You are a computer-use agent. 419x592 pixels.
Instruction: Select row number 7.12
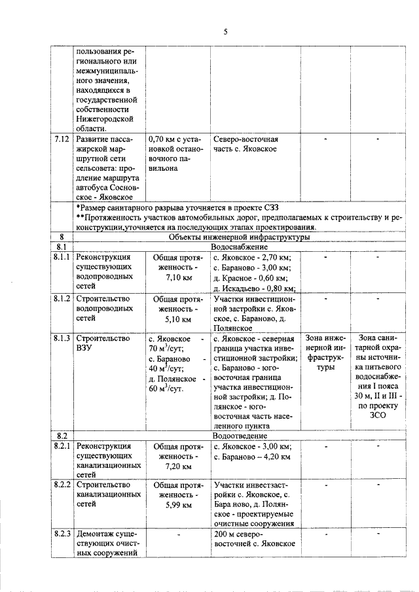[63, 139]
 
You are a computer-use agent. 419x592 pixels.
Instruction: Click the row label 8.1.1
[63, 258]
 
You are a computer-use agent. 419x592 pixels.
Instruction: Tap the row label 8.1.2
[63, 298]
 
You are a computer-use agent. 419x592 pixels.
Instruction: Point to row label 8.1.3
[63, 339]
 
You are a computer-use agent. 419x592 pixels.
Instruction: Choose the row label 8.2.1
[63, 446]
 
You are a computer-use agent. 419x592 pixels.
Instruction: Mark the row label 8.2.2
[63, 485]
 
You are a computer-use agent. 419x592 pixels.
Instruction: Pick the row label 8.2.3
[63, 533]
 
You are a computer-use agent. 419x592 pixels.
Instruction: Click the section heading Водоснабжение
[239, 247]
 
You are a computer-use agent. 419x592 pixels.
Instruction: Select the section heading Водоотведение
[239, 435]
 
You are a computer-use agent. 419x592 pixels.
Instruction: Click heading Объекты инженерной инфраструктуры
[239, 237]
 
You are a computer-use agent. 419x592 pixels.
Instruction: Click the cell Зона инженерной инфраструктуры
[325, 353]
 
